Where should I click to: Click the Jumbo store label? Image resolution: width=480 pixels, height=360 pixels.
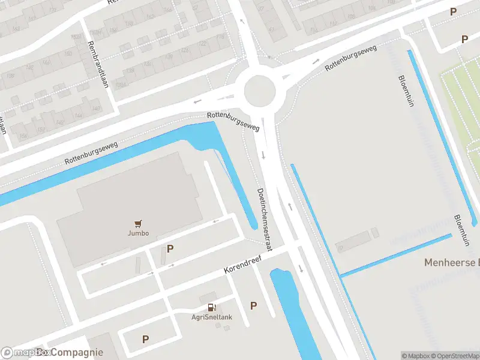138,233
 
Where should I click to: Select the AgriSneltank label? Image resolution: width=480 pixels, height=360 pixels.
212,317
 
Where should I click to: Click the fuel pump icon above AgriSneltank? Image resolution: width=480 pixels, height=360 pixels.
211,308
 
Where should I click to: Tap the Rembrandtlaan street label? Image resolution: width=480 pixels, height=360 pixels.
97,64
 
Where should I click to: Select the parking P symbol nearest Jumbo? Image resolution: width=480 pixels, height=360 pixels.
170,248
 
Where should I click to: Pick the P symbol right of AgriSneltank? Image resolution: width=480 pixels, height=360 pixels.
253,306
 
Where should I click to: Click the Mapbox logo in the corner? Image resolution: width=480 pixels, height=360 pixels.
18,353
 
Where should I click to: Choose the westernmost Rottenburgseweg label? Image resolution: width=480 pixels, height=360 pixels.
92,153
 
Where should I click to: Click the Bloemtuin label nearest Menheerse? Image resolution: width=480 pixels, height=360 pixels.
460,230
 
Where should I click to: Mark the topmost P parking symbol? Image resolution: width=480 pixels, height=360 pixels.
454,11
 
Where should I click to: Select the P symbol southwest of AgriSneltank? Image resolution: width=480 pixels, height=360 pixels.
145,340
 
